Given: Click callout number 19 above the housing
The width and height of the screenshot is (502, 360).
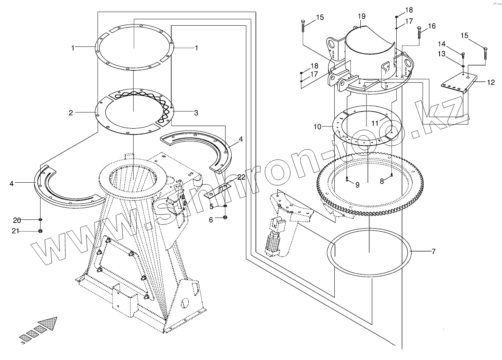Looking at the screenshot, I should click(361, 16).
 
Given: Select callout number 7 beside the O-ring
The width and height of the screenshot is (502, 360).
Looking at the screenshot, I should click(433, 252).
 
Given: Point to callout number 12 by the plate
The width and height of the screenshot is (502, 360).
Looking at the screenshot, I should click(491, 82).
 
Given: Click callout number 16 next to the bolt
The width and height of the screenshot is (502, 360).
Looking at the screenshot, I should click(432, 26).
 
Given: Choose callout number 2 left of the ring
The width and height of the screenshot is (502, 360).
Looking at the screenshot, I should click(71, 113).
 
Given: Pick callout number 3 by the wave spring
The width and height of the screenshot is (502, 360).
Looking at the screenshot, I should click(196, 113).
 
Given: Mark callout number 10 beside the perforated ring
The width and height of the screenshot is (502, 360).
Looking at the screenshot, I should click(317, 126).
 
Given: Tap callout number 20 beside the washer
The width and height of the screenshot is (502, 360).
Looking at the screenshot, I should click(17, 220).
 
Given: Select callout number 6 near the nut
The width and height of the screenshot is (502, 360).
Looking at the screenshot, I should click(211, 219).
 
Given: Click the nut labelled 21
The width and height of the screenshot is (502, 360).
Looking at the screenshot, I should click(40, 231).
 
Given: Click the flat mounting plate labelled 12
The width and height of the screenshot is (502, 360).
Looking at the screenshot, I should click(458, 83).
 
